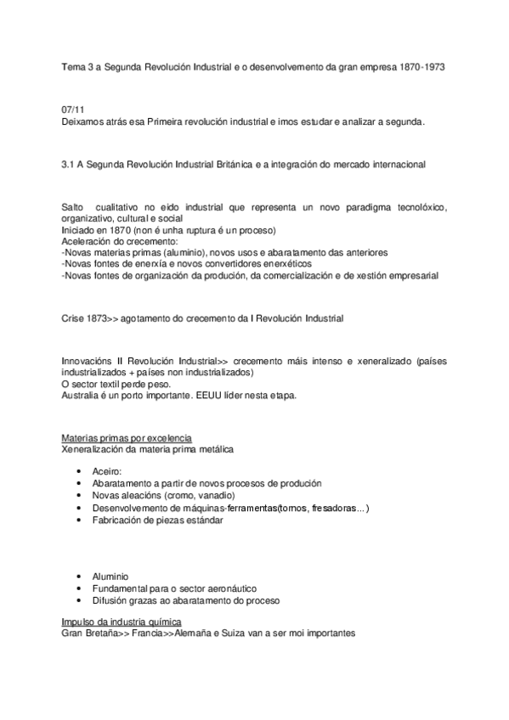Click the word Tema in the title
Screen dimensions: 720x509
[73, 66]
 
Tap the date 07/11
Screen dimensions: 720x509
[73, 111]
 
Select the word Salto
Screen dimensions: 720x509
[74, 208]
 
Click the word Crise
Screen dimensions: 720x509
[74, 318]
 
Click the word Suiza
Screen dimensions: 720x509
[242, 633]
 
